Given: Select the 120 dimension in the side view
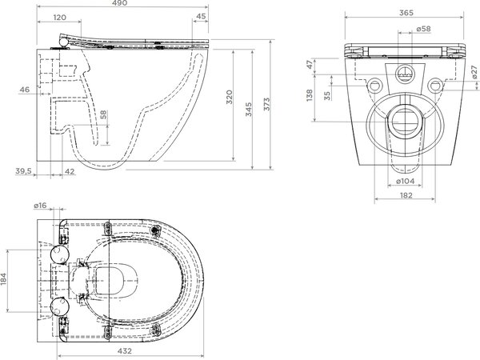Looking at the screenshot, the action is pos(60,18).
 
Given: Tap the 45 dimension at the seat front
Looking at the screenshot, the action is pos(201,16).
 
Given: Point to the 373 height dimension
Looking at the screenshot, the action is pos(267,104).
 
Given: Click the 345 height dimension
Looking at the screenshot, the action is pos(249,110).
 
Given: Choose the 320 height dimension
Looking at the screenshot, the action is pos(230,97).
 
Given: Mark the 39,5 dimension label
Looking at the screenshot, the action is pos(23,171).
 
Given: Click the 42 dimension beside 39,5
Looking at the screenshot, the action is pos(70,171).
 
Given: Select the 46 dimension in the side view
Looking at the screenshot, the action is pos(25,90).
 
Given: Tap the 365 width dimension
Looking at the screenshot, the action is pos(406,13).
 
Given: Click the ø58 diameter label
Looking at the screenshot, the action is pos(424,29).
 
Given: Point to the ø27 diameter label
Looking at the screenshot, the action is pos(474,72).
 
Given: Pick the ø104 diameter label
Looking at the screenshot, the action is pos(406,181).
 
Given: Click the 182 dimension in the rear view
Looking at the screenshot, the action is pos(406,195).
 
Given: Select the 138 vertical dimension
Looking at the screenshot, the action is pos(310,95).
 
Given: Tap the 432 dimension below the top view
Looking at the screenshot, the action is pos(125,351).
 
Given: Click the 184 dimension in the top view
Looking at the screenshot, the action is pos(3,279).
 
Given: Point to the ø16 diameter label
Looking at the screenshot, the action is pos(40,206).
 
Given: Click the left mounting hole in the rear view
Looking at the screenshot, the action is pos(374,86).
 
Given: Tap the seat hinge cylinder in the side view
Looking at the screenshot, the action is pos(63,42).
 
